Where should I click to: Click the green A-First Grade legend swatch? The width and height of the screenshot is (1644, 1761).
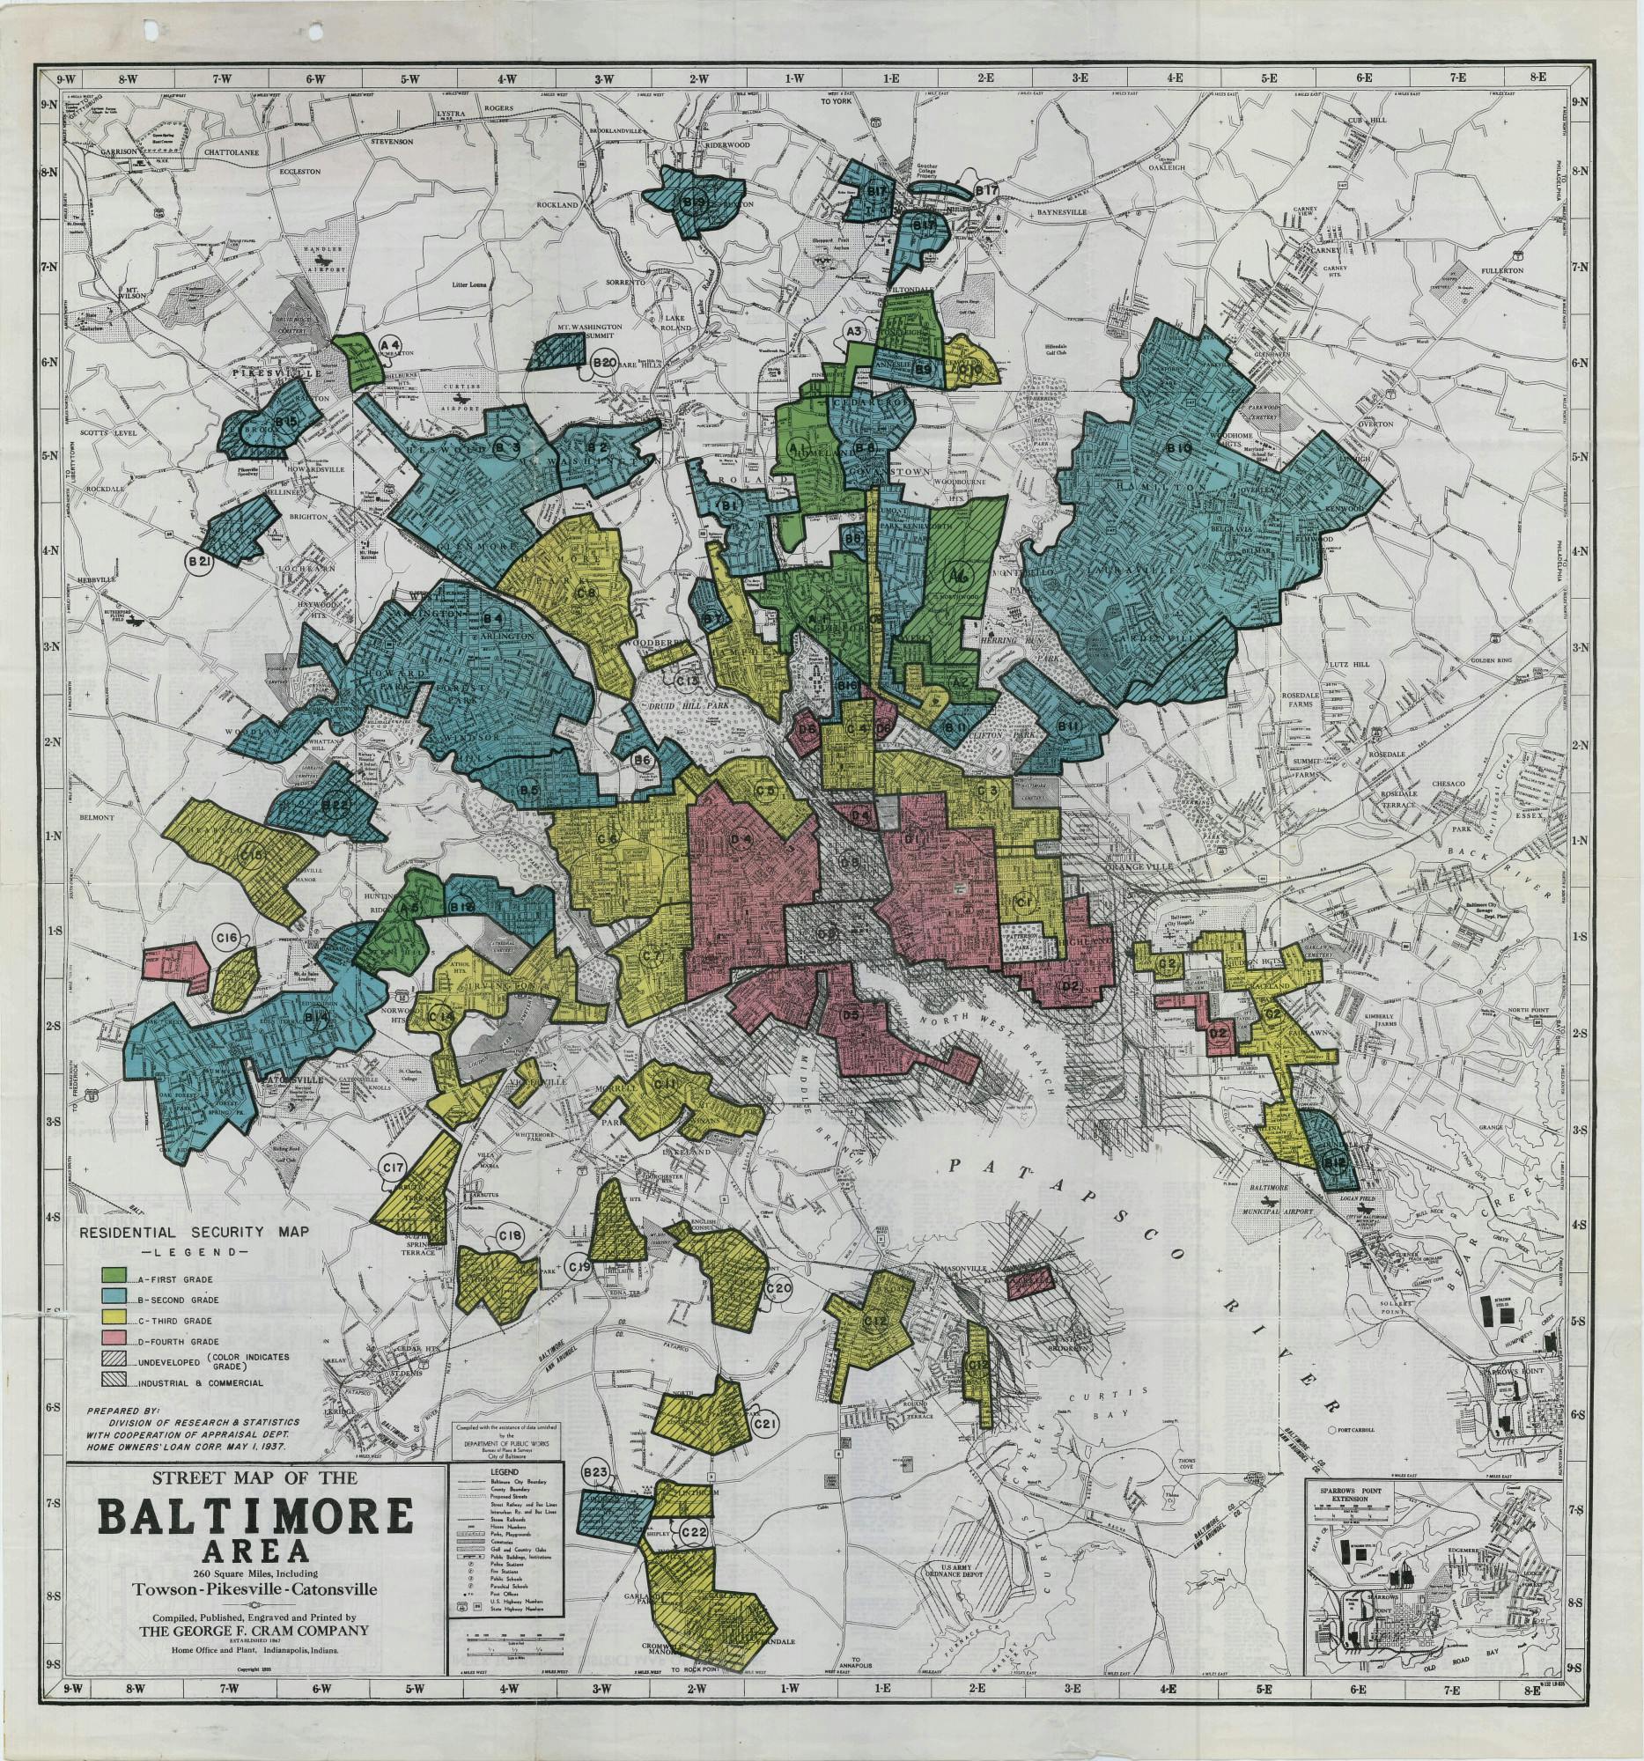[113, 1277]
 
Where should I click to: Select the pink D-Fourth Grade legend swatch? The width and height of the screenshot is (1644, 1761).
[113, 1340]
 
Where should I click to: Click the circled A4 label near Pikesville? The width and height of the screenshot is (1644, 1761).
[391, 343]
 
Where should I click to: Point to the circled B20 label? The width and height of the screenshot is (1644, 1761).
[604, 363]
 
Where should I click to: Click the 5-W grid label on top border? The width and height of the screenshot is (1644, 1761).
[410, 78]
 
